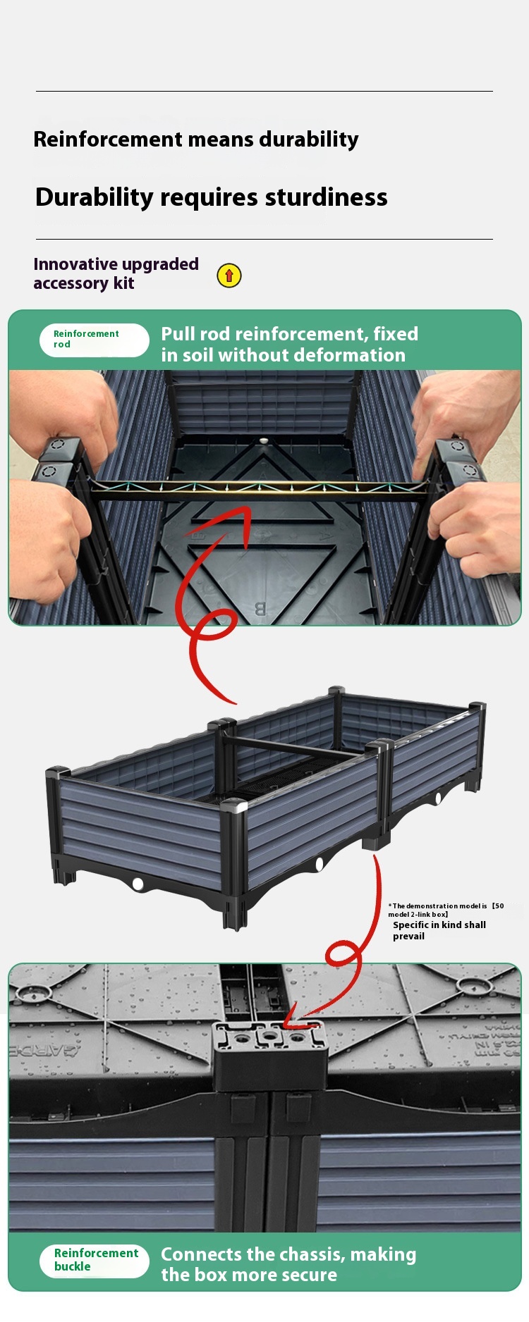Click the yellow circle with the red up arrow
[229, 276]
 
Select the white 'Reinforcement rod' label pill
[94, 340]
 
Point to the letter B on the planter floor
[260, 610]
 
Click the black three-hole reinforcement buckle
[270, 1054]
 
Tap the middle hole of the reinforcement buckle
[270, 1037]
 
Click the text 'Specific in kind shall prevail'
[439, 930]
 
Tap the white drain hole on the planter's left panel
[138, 884]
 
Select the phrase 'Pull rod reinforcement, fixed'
[289, 334]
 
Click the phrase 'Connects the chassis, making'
[288, 1254]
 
